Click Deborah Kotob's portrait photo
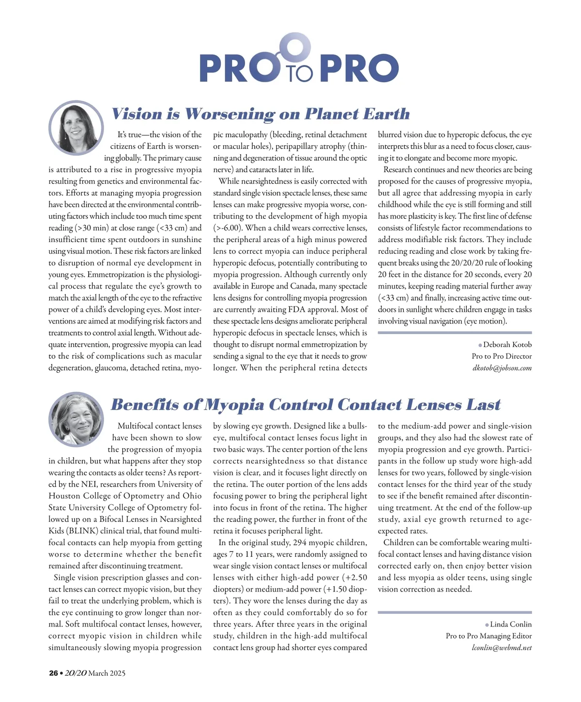point(76,128)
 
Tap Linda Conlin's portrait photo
point(76,419)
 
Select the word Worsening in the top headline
point(229,114)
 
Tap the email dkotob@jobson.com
point(502,368)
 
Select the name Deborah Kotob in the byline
point(507,345)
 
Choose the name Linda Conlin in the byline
point(510,625)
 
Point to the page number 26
point(53,673)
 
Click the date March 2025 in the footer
point(107,673)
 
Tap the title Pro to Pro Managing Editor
point(489,636)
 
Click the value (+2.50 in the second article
point(354,578)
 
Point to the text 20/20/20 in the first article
point(454,263)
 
